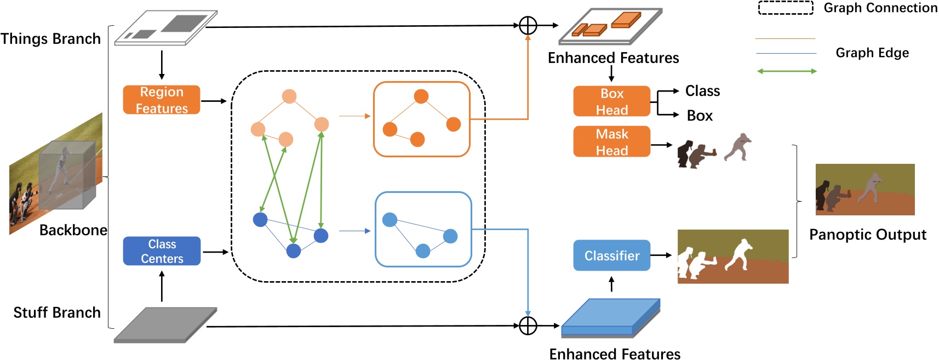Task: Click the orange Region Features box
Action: coord(162,100)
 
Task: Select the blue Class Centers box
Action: coord(162,251)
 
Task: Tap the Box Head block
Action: coord(611,101)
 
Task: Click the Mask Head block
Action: coord(611,142)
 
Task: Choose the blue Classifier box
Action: coord(611,255)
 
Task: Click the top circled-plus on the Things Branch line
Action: coord(528,25)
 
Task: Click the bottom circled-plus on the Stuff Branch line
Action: coord(528,325)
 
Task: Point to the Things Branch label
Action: coord(50,39)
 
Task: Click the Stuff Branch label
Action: coord(57,312)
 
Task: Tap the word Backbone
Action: coord(73,230)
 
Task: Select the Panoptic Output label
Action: coord(867,235)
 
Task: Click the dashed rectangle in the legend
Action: coord(785,8)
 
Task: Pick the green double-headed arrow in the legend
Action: coord(787,71)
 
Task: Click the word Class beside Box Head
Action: coord(702,91)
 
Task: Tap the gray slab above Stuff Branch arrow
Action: coord(164,325)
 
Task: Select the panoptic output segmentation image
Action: coord(864,189)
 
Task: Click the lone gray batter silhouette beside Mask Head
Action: coord(738,147)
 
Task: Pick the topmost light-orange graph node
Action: coord(289,96)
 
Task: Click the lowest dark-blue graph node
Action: coord(294,251)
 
